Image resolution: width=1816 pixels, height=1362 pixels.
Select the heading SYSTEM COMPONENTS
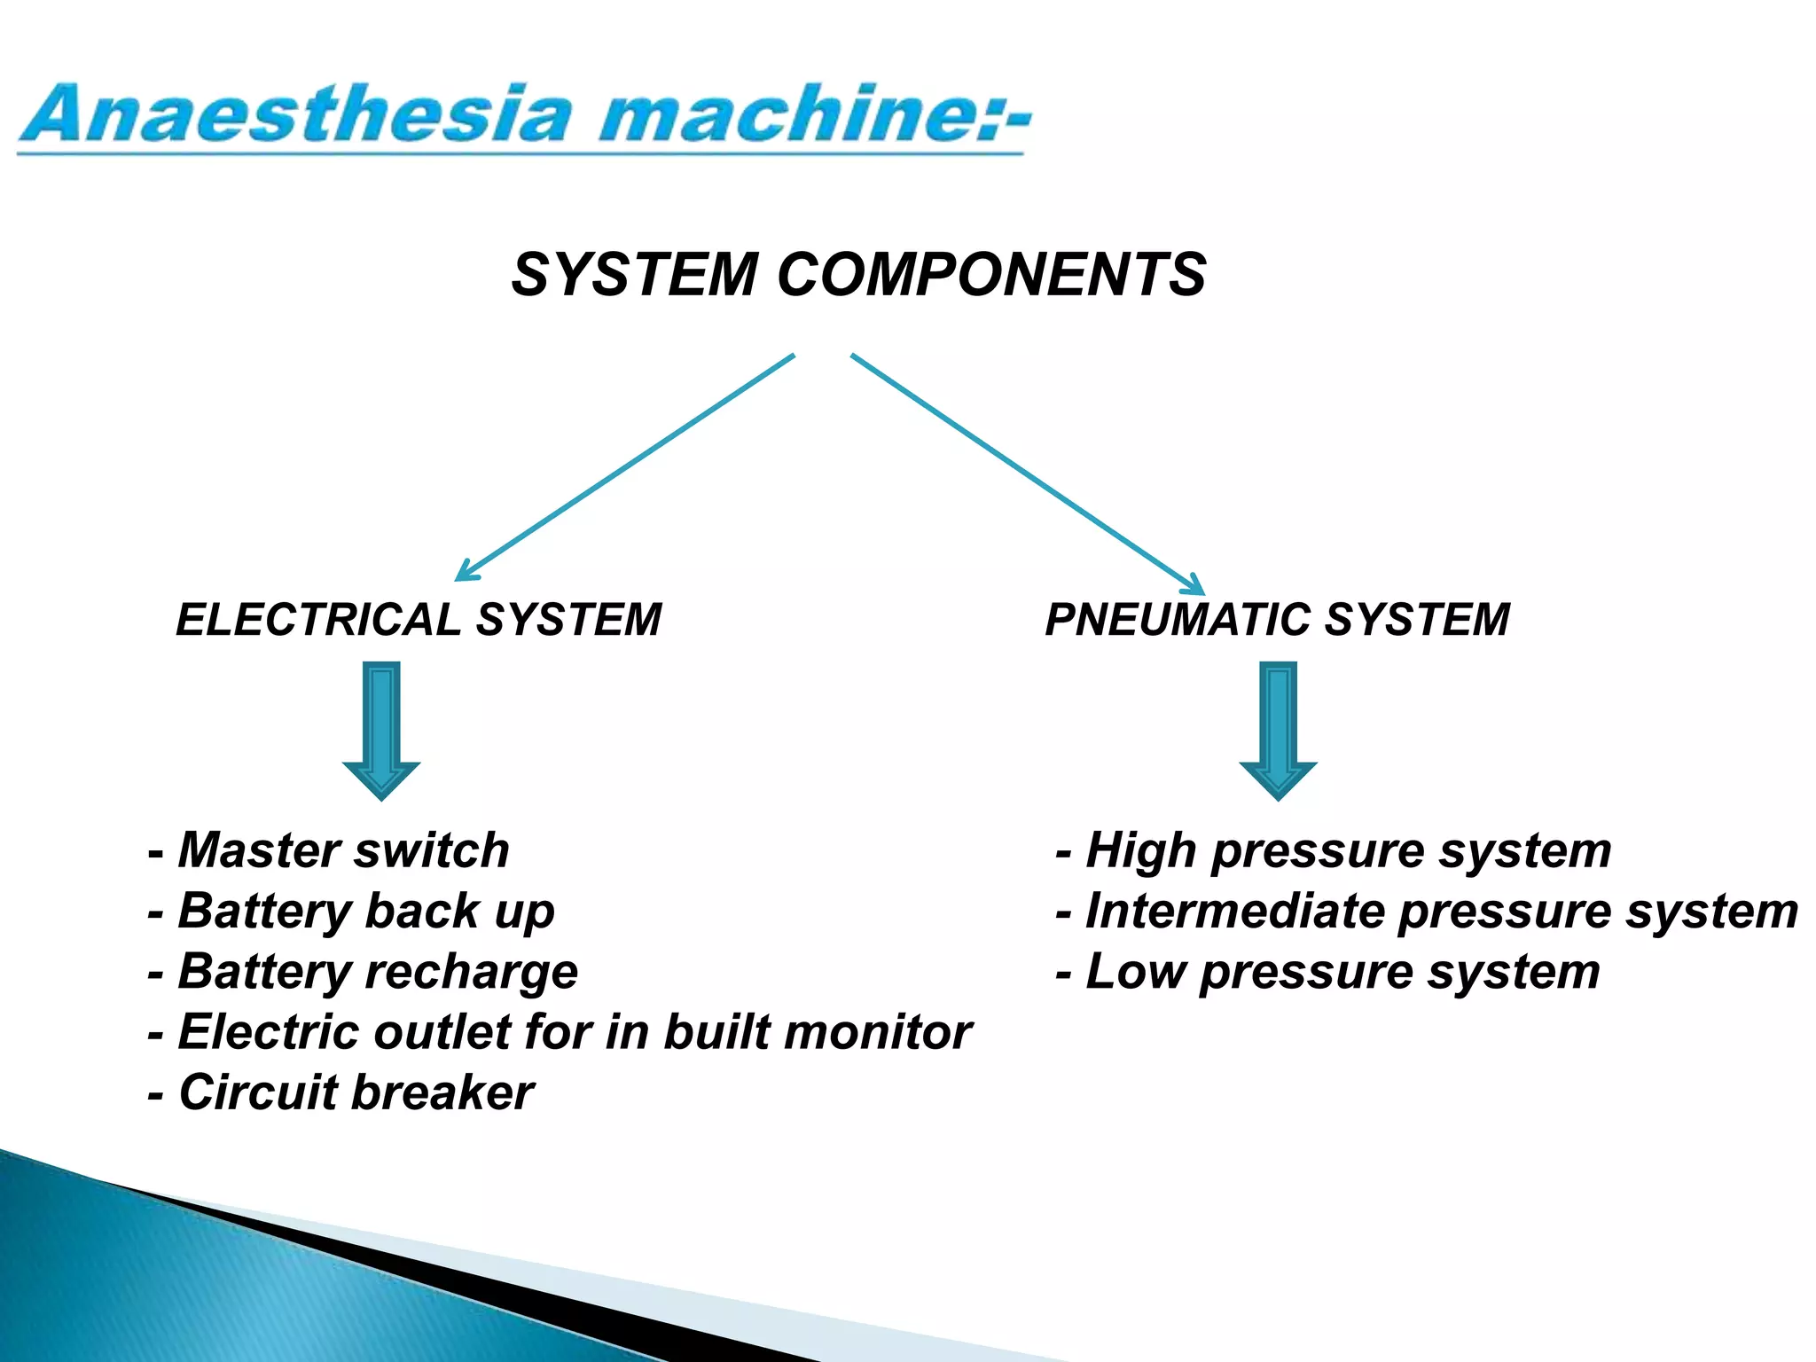858,274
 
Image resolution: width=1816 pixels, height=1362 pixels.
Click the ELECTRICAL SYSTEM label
419,619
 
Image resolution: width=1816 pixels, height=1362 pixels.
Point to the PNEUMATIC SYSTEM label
1277,619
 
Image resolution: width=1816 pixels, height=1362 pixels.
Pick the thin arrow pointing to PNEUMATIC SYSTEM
1029,474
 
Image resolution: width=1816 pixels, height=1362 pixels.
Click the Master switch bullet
330,850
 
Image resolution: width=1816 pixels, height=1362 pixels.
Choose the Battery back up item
353,912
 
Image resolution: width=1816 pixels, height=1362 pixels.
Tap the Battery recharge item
364,972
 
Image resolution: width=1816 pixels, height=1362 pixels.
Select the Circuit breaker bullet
342,1092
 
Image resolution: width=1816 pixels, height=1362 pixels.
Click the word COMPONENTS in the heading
991,274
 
